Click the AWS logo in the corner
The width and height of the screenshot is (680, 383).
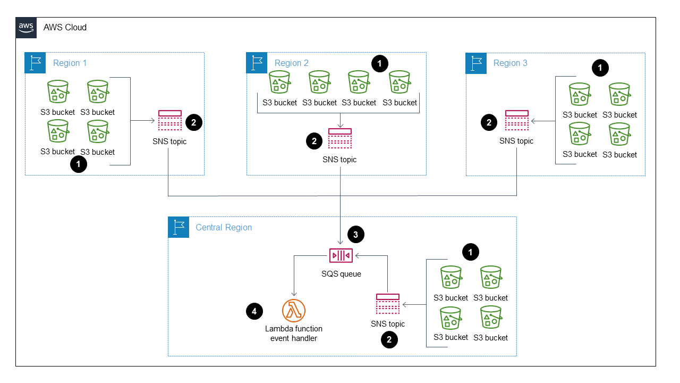click(26, 28)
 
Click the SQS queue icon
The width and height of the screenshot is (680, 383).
click(341, 255)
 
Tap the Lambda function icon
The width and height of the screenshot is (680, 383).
click(294, 310)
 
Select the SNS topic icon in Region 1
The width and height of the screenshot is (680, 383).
click(170, 121)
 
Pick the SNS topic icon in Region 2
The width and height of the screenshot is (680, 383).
click(339, 138)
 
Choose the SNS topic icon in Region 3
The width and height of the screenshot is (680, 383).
click(516, 121)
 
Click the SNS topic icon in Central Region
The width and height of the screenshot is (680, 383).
click(388, 304)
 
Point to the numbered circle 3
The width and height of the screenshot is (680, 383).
click(356, 234)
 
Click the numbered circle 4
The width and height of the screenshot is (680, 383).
click(254, 312)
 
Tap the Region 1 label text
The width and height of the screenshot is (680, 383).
click(70, 63)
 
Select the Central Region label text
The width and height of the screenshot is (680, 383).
click(224, 228)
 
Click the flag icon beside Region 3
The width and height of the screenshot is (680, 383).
click(476, 63)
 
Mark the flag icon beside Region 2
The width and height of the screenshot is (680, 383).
click(257, 63)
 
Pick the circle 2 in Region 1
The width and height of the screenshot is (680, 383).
click(193, 122)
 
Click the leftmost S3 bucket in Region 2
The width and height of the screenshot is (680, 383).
click(279, 83)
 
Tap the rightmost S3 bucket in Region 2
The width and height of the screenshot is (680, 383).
click(399, 83)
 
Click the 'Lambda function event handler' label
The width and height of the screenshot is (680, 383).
click(294, 334)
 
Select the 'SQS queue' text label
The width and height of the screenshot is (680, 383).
click(341, 274)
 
